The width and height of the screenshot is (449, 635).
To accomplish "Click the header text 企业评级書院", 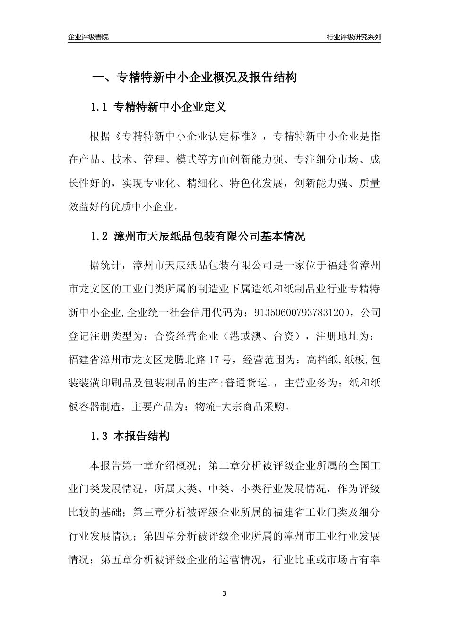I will [88, 37].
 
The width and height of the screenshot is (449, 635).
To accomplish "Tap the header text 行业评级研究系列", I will [354, 37].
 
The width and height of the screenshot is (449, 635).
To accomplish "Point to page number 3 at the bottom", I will [224, 593].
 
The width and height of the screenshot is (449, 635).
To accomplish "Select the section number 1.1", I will [100, 107].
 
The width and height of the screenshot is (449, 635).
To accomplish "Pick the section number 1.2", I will [100, 236].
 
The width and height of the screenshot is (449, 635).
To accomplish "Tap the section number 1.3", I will [100, 436].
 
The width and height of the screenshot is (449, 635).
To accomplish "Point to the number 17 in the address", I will [214, 360].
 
